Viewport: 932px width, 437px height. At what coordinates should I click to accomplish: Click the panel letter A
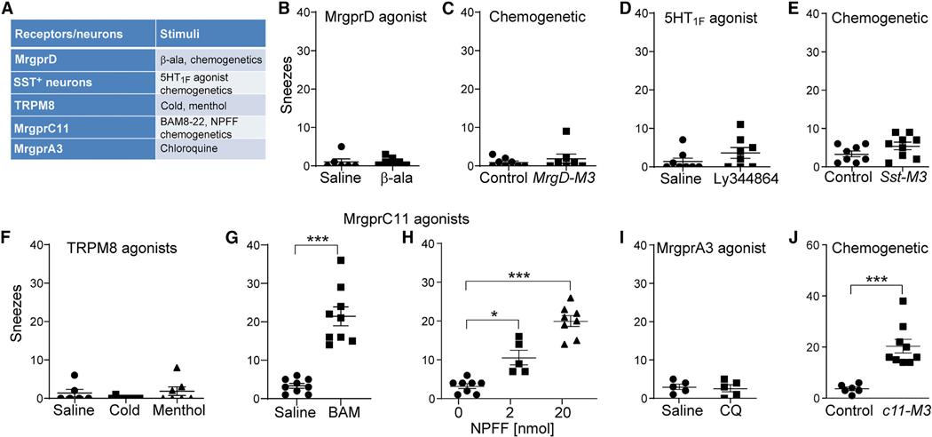tap(12, 12)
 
